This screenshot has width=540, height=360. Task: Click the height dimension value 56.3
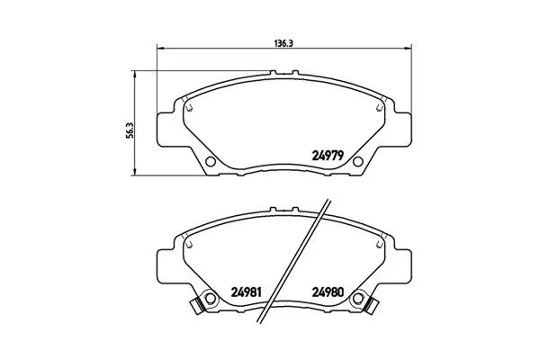pyautogui.click(x=130, y=130)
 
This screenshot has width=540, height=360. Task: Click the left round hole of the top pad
pyautogui.click(x=211, y=163)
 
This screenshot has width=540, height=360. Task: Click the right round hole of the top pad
pyautogui.click(x=357, y=163)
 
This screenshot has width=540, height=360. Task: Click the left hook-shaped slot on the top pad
pyautogui.click(x=188, y=105)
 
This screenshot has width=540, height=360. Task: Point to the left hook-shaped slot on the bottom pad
pyautogui.click(x=188, y=241)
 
